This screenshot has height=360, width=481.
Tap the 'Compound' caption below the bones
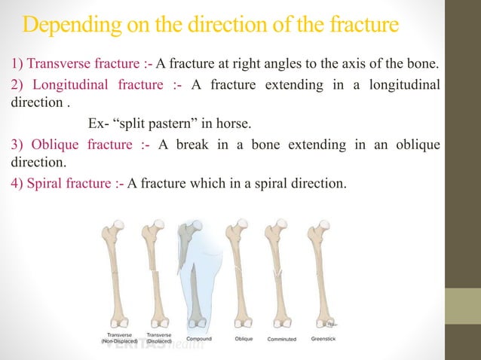coord(199,339)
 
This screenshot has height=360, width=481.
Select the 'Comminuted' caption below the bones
coord(281,339)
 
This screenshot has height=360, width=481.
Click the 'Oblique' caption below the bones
coord(244,339)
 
